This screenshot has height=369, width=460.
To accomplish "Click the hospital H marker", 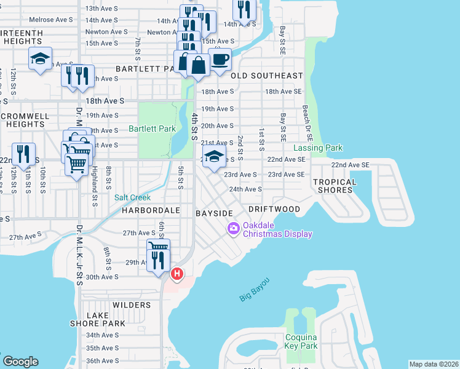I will tap(177, 273).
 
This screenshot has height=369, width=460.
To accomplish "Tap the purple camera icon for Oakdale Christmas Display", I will tap(233, 229).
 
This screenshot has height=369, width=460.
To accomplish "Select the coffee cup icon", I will tap(220, 60).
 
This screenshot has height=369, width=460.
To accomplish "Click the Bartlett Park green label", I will tap(152, 129).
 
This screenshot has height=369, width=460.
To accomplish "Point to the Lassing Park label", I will tap(318, 148).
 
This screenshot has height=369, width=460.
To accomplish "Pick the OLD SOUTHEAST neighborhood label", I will tap(267, 76).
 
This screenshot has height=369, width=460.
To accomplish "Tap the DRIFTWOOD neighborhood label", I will tap(274, 210).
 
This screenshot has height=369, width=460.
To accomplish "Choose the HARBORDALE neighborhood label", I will tap(151, 210).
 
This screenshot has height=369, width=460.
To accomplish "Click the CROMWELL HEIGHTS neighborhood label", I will tap(22, 119).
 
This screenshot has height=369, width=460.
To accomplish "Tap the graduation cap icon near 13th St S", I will tap(40, 59).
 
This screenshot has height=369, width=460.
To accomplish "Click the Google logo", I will tap(20, 362).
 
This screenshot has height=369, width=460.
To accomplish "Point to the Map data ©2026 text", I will tap(434, 364).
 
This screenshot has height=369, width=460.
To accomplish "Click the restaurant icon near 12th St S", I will tap(23, 154).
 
